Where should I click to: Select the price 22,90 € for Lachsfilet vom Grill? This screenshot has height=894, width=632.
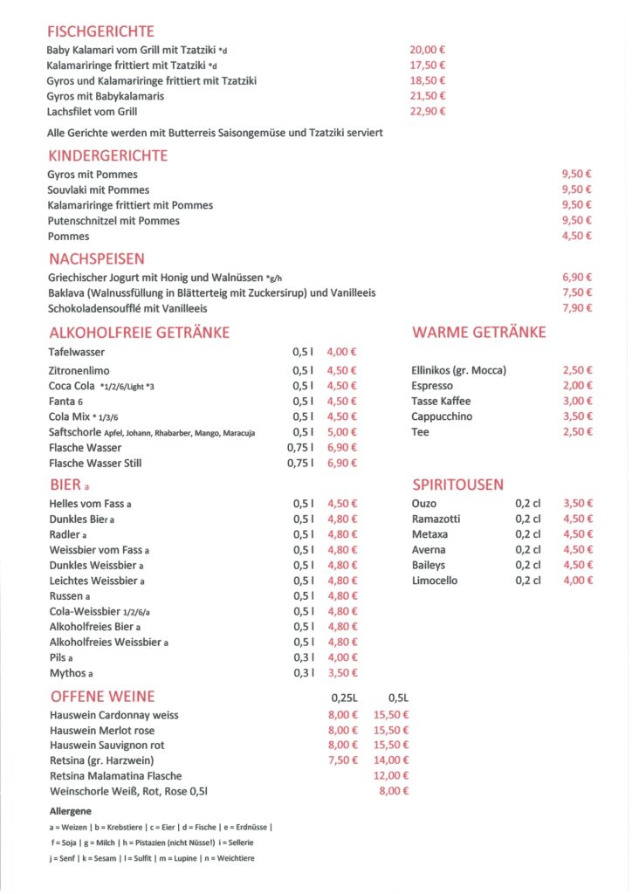(x=428, y=112)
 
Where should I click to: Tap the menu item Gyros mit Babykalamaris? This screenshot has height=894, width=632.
(x=106, y=96)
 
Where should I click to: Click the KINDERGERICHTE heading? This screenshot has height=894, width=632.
(x=108, y=156)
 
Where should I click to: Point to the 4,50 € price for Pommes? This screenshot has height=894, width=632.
(x=577, y=237)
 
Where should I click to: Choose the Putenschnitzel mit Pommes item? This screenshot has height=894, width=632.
(x=113, y=221)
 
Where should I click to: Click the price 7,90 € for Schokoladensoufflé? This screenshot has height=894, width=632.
(x=577, y=308)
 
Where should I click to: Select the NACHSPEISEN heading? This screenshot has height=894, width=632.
(x=97, y=259)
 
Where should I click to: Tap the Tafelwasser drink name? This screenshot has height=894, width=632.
(x=77, y=352)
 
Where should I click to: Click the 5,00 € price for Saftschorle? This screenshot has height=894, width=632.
(x=341, y=432)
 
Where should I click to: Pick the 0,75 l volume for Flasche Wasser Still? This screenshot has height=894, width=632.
(x=299, y=464)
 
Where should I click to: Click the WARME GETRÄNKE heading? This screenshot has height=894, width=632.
(x=479, y=333)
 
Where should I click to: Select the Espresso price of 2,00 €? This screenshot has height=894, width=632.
(x=577, y=386)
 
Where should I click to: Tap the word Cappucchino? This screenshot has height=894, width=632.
(x=442, y=416)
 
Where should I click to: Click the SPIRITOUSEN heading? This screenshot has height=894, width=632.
(x=457, y=485)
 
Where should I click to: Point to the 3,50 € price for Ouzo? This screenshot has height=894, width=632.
(x=577, y=504)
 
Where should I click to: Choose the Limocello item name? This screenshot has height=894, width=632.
(x=435, y=581)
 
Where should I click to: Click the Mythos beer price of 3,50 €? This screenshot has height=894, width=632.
(x=341, y=673)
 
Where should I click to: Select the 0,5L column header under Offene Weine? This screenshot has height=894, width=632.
(x=398, y=698)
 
